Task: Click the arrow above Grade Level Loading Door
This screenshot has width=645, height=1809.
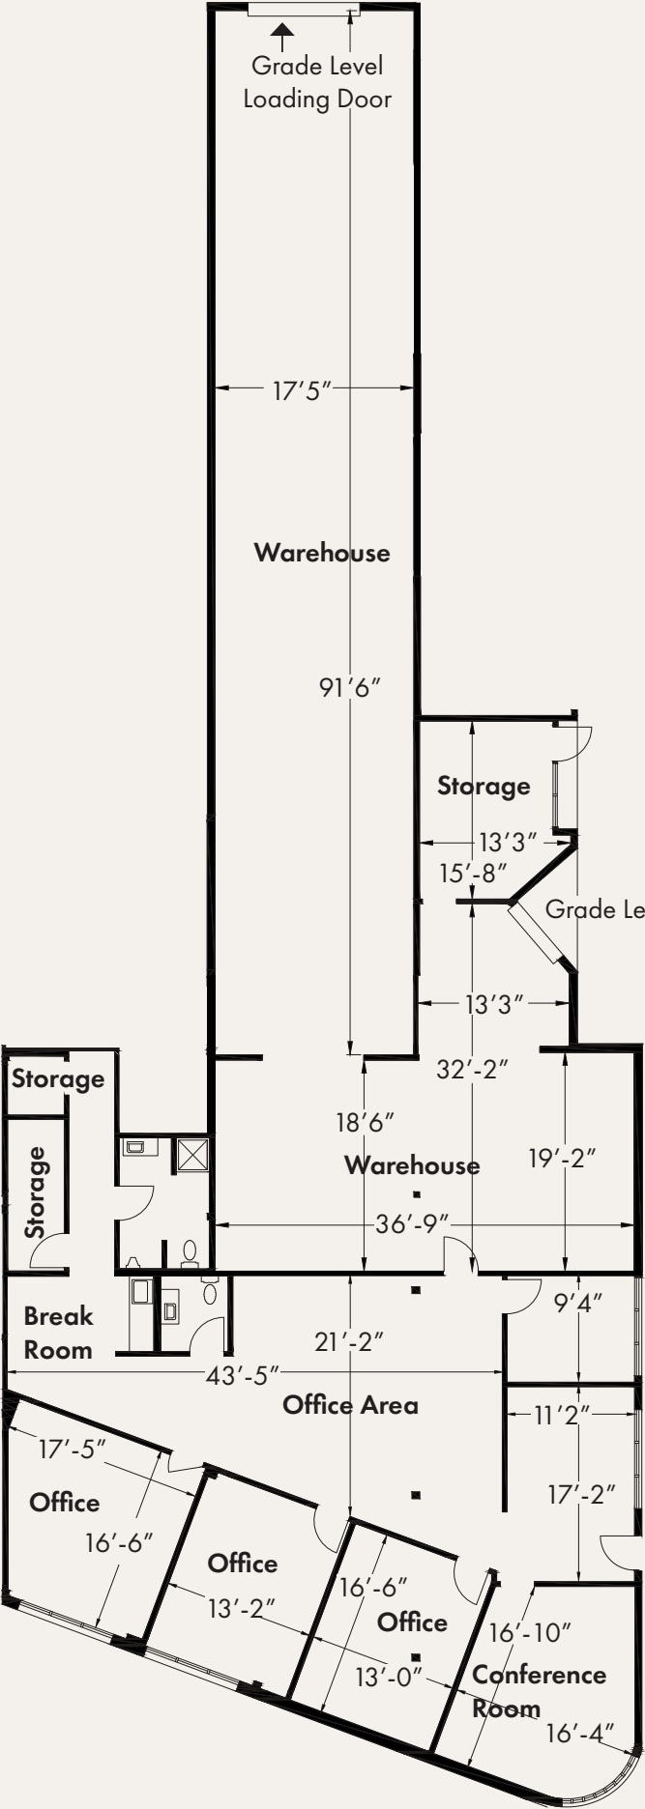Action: (x=281, y=36)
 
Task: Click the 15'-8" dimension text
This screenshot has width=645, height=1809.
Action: (x=473, y=874)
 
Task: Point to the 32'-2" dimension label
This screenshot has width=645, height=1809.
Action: (x=472, y=1070)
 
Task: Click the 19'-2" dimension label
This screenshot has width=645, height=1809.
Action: (x=562, y=1158)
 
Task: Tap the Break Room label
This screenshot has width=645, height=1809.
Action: (x=58, y=1333)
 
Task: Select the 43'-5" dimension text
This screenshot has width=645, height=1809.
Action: (x=242, y=1374)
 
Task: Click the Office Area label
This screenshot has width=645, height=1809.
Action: (x=350, y=1404)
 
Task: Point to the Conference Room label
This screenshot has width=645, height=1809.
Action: (x=538, y=1691)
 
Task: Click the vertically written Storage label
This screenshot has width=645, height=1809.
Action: (x=35, y=1192)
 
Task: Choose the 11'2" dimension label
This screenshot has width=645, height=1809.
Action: (x=563, y=1416)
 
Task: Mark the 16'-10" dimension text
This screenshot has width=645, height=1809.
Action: (x=530, y=1632)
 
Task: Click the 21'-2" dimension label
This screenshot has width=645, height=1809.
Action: (x=349, y=1341)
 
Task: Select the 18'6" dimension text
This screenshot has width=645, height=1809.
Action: (x=365, y=1122)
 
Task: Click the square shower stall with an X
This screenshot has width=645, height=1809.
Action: (x=191, y=1155)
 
